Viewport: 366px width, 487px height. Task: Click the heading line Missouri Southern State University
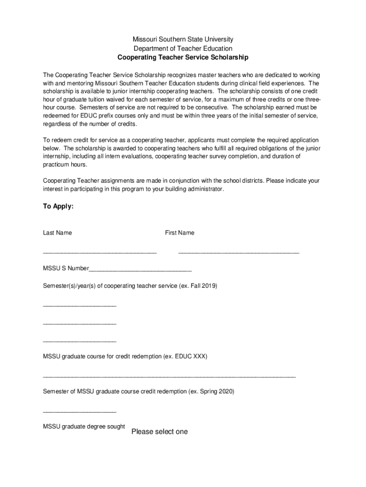pos(183,39)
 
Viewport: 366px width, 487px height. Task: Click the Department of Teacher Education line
pos(183,49)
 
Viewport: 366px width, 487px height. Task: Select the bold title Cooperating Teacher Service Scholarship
pos(183,58)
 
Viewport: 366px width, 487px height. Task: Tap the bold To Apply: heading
pos(58,206)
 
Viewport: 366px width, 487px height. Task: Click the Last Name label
pos(58,233)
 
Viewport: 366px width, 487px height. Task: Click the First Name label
pos(180,233)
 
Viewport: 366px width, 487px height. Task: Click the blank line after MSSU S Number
pos(140,270)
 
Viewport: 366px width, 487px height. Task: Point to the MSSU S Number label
pos(66,269)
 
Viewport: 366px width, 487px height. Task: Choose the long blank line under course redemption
pos(169,376)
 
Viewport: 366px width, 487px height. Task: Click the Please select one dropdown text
pos(160,432)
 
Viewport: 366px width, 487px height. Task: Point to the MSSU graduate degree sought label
pos(84,427)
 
